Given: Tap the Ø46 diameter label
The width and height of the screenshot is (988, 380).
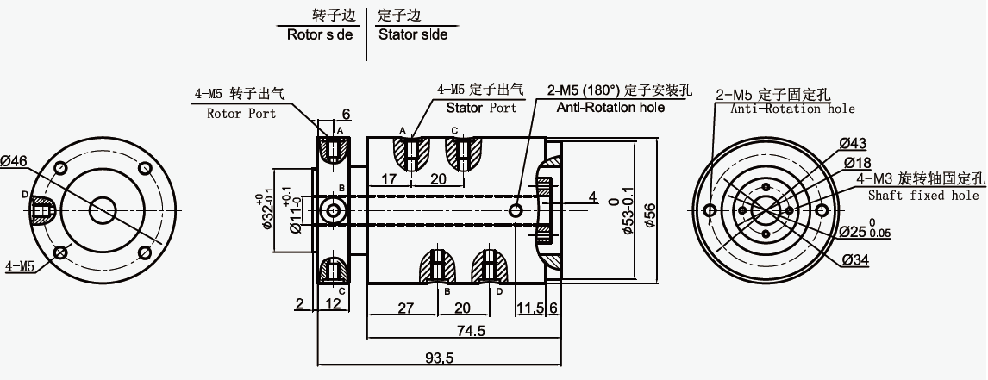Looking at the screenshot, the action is click(x=14, y=161).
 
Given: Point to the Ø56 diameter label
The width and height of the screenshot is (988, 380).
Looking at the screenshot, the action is click(x=650, y=217).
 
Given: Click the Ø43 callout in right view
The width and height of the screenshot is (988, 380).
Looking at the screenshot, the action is click(x=853, y=144).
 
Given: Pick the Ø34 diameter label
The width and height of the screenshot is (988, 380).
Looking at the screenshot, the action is click(x=855, y=259).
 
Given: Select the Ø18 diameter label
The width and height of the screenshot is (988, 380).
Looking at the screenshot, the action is click(x=858, y=163).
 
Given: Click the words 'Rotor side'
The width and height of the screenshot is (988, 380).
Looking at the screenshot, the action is click(x=320, y=34).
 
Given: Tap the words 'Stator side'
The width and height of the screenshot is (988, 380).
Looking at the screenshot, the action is click(x=413, y=34).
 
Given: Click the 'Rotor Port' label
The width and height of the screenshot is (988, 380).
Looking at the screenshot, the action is click(x=241, y=114).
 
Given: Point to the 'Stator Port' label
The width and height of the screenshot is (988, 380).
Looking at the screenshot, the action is click(x=481, y=108).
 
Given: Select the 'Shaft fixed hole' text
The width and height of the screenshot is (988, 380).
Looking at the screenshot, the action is click(x=923, y=196).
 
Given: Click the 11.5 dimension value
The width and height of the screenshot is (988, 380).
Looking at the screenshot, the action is click(x=530, y=308).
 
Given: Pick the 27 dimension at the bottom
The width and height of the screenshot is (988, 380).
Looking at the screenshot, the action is click(x=406, y=308).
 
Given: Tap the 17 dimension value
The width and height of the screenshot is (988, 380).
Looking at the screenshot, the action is click(x=389, y=179).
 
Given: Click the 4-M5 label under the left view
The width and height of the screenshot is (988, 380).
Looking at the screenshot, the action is click(x=20, y=266).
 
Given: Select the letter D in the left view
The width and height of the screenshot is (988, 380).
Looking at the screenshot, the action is click(x=25, y=195).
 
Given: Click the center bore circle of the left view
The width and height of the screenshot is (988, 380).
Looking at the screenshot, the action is click(x=103, y=210).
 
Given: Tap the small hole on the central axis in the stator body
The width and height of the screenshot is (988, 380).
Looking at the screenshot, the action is click(x=516, y=210).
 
